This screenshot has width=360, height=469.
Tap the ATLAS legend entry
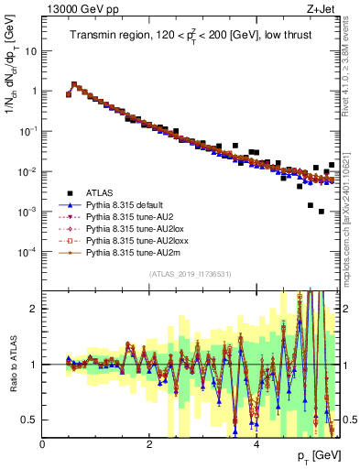[100, 192]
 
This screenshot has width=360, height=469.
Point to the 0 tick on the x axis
[43, 444]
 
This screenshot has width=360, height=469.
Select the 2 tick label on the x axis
[149, 444]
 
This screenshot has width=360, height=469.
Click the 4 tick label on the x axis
[256, 444]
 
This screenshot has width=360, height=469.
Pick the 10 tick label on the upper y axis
[30, 51]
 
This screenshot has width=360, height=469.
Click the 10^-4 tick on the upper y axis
[27, 251]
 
